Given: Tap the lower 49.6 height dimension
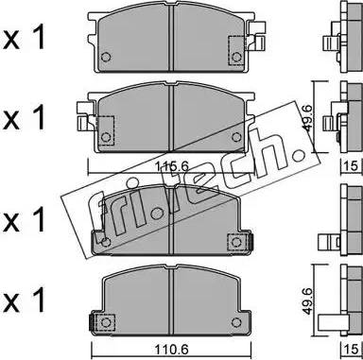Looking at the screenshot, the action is pos(307,301).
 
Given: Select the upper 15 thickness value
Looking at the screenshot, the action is pos(353,165).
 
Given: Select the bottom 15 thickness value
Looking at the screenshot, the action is pos(353,350).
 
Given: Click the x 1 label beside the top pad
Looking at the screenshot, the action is pos(24,39).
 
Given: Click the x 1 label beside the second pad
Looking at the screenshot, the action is pos(24,118).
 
